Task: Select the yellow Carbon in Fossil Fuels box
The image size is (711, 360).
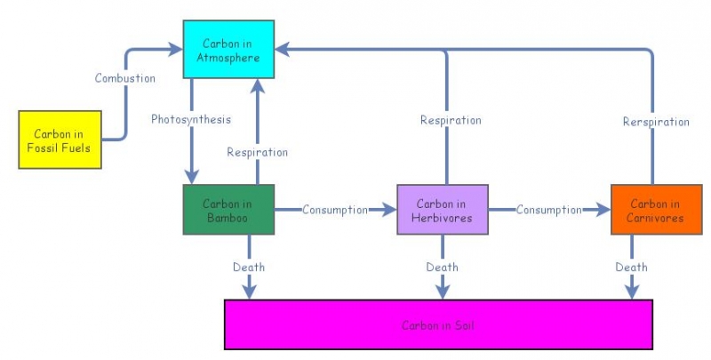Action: [60, 140]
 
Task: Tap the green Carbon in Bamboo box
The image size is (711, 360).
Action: [228, 210]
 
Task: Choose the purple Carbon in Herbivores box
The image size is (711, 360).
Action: [443, 210]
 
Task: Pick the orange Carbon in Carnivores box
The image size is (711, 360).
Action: [651, 210]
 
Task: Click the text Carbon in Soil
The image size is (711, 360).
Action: [438, 325]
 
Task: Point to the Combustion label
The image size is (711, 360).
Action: [125, 78]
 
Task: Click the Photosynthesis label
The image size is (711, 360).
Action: [190, 119]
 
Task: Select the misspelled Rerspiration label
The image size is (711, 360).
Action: [656, 122]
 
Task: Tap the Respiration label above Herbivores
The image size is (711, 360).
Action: [451, 120]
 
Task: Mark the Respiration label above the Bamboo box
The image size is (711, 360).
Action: [257, 152]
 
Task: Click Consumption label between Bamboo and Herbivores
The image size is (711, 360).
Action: [334, 210]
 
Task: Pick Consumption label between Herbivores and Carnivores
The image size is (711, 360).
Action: [549, 210]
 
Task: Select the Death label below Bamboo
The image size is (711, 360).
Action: [249, 267]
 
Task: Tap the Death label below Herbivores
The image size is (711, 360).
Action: [442, 267]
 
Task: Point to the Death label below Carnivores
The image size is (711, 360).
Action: [632, 267]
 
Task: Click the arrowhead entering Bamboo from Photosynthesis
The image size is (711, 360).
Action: [191, 175]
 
